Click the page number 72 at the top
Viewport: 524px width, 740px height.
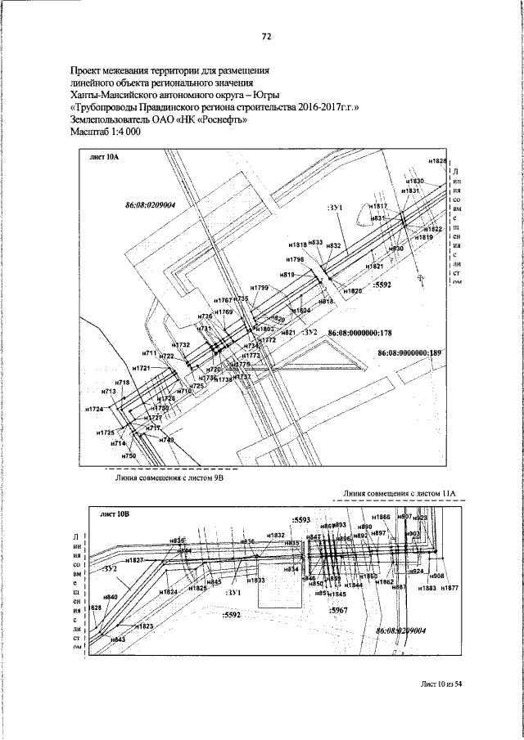pyautogui.click(x=266, y=36)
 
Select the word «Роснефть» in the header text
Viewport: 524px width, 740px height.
pyautogui.click(x=219, y=119)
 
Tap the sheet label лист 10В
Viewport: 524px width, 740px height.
pyautogui.click(x=112, y=516)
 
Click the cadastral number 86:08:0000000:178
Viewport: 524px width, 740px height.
pyautogui.click(x=360, y=334)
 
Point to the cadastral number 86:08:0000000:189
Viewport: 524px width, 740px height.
pyautogui.click(x=409, y=352)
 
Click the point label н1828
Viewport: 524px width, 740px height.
pyautogui.click(x=437, y=162)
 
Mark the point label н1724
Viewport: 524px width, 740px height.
pyautogui.click(x=94, y=408)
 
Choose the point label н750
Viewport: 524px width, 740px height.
pyautogui.click(x=128, y=455)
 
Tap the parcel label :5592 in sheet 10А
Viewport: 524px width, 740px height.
pyautogui.click(x=382, y=286)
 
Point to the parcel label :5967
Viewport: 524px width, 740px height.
pyautogui.click(x=337, y=611)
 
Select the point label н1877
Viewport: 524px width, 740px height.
pyautogui.click(x=449, y=588)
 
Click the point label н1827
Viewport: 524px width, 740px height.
pyautogui.click(x=134, y=559)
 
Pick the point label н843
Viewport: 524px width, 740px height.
pyautogui.click(x=117, y=639)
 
